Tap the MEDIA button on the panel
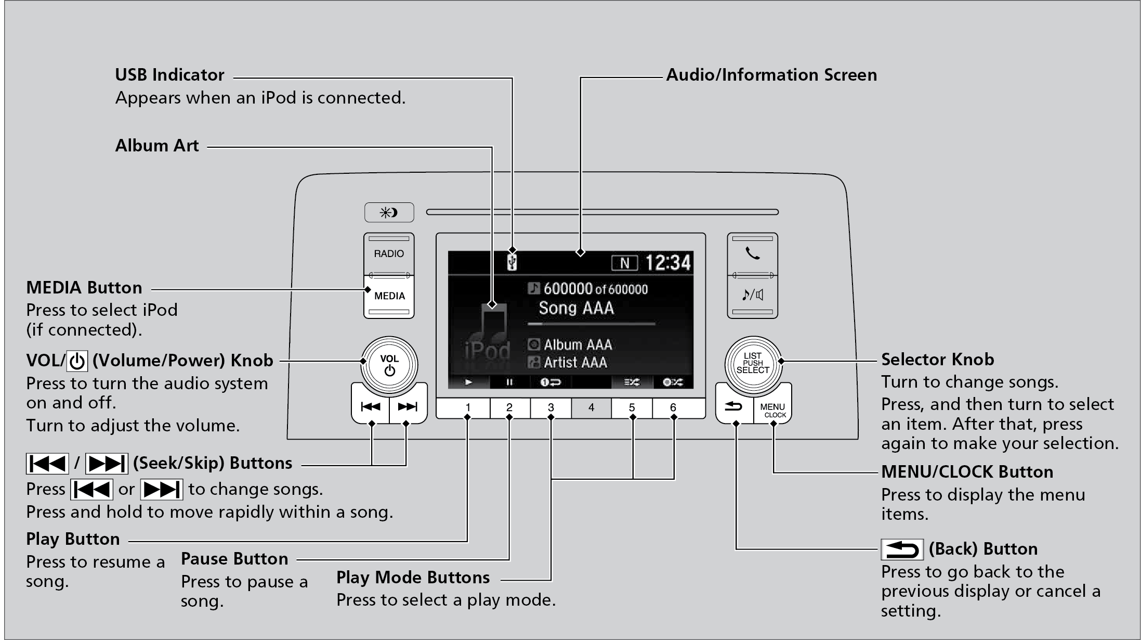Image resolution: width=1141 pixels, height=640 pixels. point(389,296)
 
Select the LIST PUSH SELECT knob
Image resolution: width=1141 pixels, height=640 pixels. point(752,363)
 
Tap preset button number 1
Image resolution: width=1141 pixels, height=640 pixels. point(468,408)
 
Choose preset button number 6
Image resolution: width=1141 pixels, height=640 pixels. point(673,408)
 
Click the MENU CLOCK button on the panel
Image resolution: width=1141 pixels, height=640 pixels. point(773,410)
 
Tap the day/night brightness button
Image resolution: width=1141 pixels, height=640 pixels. point(389,212)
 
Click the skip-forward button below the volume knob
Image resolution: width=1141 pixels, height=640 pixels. point(408,406)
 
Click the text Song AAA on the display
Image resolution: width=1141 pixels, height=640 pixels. point(576,308)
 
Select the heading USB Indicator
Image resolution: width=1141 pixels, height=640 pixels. point(169,75)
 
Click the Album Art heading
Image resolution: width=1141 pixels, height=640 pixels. point(157,146)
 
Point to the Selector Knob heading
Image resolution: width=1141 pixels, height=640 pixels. point(937,360)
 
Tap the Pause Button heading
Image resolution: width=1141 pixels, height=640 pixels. point(234,559)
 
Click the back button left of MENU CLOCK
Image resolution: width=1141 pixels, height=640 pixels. point(734,406)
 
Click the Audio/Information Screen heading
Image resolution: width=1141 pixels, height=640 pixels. point(771,75)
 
